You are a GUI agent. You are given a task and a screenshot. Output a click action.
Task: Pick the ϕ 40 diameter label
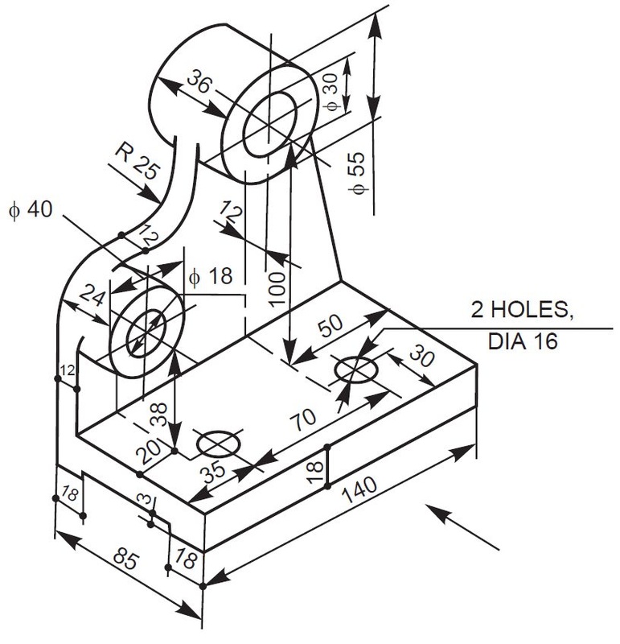click(x=30, y=210)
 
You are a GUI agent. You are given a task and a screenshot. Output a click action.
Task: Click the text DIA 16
click(x=524, y=341)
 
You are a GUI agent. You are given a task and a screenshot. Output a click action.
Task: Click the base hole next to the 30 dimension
click(x=355, y=369)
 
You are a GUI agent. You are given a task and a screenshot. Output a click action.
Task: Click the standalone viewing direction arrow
click(x=462, y=527)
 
